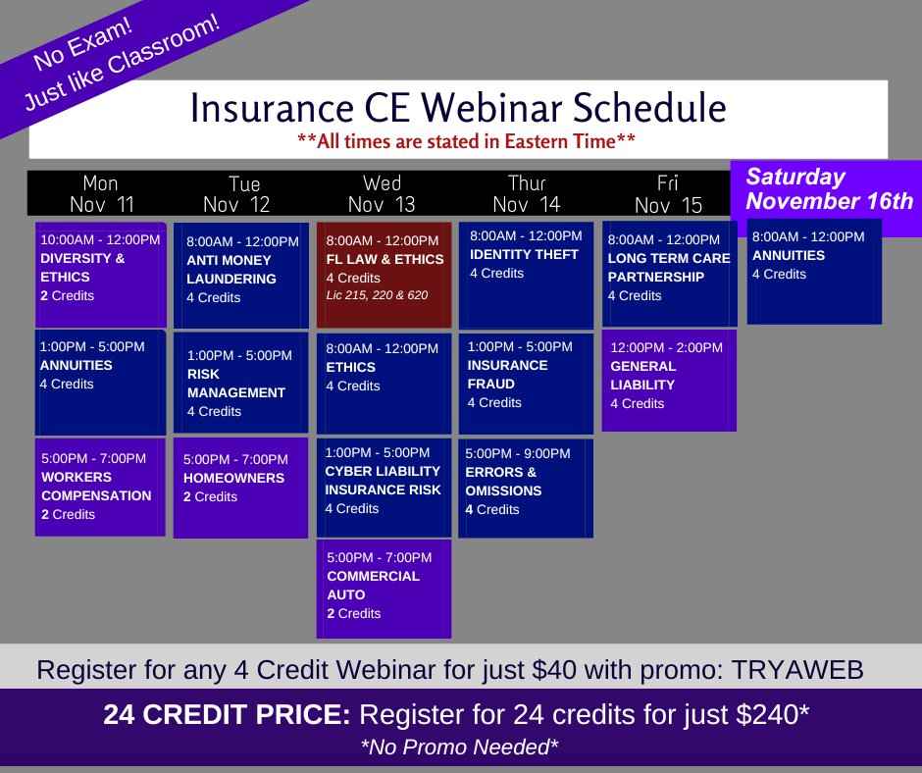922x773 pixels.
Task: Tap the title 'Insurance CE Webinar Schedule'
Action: click(x=458, y=108)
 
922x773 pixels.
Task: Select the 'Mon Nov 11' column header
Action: click(x=101, y=194)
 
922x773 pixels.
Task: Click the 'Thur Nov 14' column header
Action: click(x=526, y=194)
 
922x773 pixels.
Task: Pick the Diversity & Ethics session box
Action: click(x=100, y=275)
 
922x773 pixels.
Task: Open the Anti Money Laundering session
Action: click(x=239, y=276)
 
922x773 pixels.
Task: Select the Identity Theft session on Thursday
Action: click(x=526, y=275)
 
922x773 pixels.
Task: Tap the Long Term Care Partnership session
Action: click(x=670, y=274)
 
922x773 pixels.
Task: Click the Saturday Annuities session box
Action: click(x=814, y=271)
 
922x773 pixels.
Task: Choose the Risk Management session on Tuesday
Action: click(x=239, y=383)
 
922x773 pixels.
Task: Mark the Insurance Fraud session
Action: click(x=526, y=384)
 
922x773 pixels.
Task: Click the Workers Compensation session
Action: click(x=100, y=487)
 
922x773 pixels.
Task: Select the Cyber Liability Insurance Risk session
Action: click(x=384, y=488)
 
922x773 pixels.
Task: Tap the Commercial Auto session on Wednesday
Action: click(x=384, y=589)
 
